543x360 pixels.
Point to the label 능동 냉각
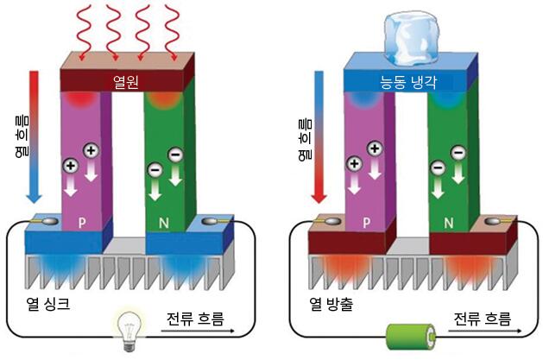point(411,84)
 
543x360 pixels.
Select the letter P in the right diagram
point(367,220)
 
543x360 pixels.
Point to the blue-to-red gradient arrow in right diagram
point(319,138)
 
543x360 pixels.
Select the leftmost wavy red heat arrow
point(81,32)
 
